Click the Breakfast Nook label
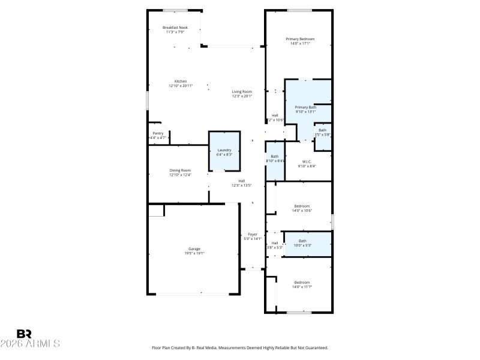click(x=175, y=28)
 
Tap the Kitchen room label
click(x=181, y=82)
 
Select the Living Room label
click(x=242, y=91)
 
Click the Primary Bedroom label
click(x=299, y=39)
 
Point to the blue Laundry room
click(x=224, y=152)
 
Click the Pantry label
click(x=158, y=133)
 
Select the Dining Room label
click(x=180, y=170)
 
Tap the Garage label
click(x=194, y=248)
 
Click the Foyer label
click(x=253, y=235)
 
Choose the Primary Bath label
click(x=305, y=107)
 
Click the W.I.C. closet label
click(x=306, y=161)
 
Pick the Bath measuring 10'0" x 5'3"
click(x=302, y=245)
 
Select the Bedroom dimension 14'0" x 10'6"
click(x=302, y=210)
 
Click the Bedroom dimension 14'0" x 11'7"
click(x=302, y=287)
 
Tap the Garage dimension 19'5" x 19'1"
click(x=194, y=253)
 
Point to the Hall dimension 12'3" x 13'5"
click(x=241, y=185)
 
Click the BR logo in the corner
click(x=24, y=334)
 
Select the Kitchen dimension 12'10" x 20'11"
click(x=181, y=86)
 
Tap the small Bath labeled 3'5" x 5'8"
click(x=322, y=132)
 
